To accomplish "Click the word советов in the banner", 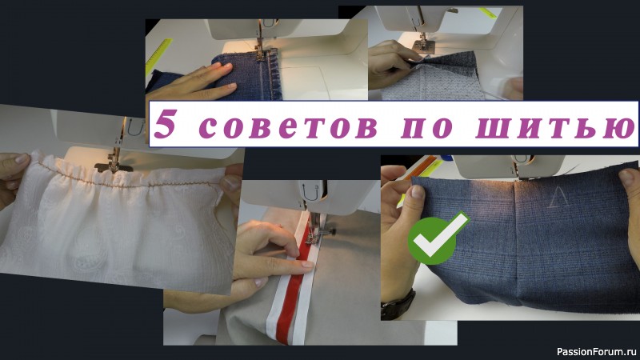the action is (288, 126).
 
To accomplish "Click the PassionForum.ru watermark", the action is (596, 351).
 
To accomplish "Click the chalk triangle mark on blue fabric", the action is (556, 198).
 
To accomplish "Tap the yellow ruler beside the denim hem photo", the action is (158, 56).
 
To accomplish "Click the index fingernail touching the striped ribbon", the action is (307, 266).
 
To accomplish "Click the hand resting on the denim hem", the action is (192, 84).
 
